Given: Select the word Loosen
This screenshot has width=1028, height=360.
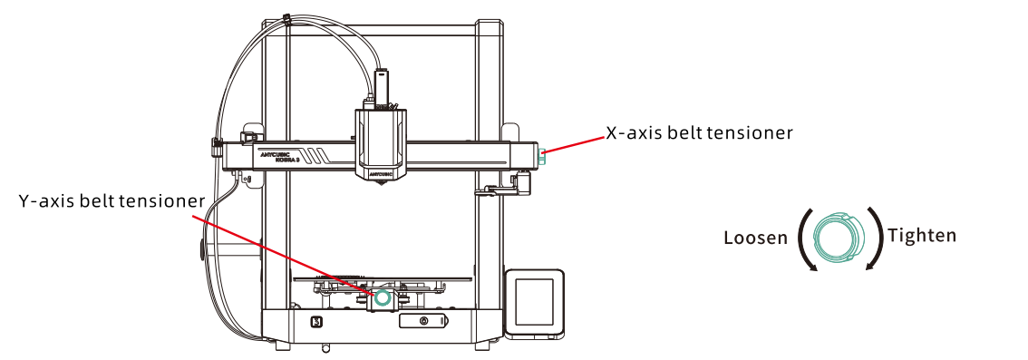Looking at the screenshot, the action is click(755, 238).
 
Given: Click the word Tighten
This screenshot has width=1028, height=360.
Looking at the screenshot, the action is click(921, 235).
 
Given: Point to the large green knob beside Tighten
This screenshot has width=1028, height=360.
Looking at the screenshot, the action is click(838, 238).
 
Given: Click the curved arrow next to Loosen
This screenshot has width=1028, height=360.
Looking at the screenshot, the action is click(802, 239).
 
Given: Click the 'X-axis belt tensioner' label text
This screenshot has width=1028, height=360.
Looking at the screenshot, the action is click(699, 133).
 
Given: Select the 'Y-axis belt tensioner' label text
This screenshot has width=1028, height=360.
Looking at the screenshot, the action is click(112, 200).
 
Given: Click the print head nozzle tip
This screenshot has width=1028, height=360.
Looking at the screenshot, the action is click(381, 187).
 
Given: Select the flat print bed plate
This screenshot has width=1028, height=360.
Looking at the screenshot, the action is click(383, 278).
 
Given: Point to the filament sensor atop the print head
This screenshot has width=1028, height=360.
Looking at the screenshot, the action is click(381, 84).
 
